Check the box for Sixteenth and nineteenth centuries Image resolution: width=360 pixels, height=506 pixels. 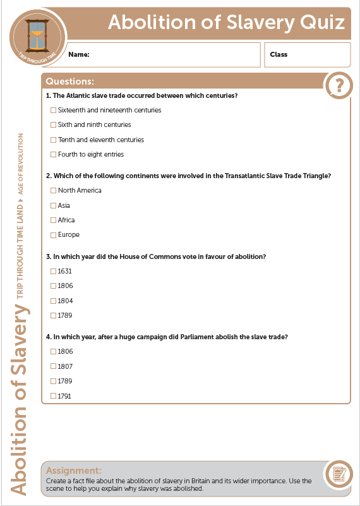[x=53, y=111]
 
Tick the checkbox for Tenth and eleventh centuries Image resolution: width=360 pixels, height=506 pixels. [x=53, y=140]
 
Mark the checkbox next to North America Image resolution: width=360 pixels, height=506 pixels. [x=53, y=191]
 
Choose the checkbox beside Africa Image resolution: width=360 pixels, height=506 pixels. [x=53, y=220]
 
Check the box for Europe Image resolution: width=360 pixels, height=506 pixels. [x=53, y=235]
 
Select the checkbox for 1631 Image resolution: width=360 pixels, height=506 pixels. [x=53, y=271]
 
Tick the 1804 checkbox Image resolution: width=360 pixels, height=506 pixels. [x=53, y=301]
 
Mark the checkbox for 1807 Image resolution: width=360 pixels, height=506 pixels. [x=53, y=366]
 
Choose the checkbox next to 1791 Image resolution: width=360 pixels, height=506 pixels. [x=53, y=396]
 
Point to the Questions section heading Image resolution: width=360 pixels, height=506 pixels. [x=70, y=81]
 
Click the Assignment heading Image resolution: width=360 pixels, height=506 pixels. [x=74, y=471]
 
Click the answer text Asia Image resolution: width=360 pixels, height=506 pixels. [x=64, y=205]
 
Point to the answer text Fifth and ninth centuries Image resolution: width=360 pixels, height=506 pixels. [x=94, y=125]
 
